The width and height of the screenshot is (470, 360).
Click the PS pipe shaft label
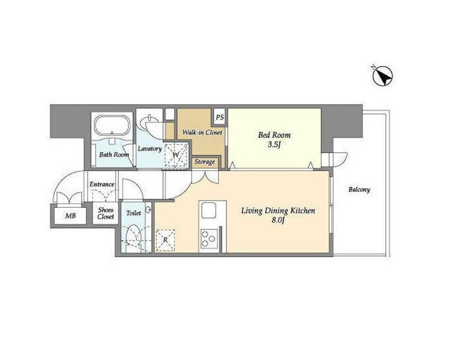(x=220, y=118)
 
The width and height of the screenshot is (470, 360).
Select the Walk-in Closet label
(x=202, y=132)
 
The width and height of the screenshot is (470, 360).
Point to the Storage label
(x=205, y=162)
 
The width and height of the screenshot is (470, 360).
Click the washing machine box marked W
(x=176, y=155)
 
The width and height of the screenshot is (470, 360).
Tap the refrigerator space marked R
(x=165, y=240)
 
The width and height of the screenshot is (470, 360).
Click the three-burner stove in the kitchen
(x=208, y=239)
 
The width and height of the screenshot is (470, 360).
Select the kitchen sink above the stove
(x=209, y=210)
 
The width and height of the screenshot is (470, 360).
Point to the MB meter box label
(x=71, y=216)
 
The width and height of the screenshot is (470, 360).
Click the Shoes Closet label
(x=106, y=213)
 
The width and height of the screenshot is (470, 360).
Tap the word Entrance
(x=102, y=184)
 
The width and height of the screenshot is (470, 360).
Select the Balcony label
(x=359, y=190)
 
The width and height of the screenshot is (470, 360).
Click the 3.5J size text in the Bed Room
(x=274, y=146)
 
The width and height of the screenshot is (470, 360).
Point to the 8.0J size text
(x=277, y=220)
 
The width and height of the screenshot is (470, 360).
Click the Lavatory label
(x=150, y=149)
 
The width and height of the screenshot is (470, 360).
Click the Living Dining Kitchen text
(x=278, y=211)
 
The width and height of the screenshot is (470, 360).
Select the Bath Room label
(x=114, y=155)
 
